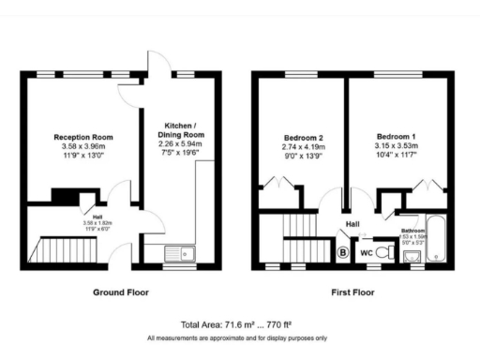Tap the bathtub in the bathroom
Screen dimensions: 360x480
click(437, 241)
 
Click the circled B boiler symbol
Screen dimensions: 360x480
click(342, 251)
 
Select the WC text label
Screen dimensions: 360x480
click(367, 251)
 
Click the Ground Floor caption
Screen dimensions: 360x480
click(120, 292)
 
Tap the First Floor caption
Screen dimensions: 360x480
click(352, 292)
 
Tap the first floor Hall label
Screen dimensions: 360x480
click(352, 224)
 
